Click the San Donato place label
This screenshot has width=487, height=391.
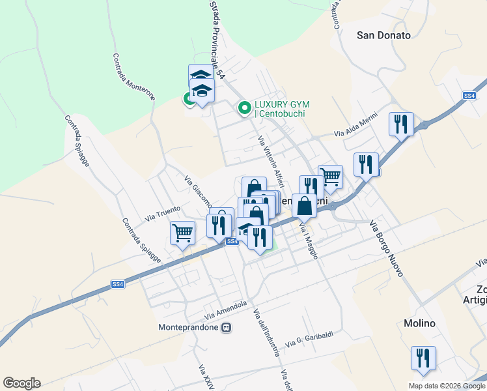pyautogui.click(x=384, y=35)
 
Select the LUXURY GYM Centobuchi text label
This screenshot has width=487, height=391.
pyautogui.click(x=281, y=109)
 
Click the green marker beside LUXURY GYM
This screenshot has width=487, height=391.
pyautogui.click(x=245, y=108)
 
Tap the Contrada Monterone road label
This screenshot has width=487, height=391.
pyautogui.click(x=135, y=76)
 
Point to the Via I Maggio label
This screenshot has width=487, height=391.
pyautogui.click(x=308, y=240)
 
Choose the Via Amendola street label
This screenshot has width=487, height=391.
pyautogui.click(x=225, y=306)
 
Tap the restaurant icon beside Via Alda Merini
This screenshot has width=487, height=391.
pyautogui.click(x=401, y=124)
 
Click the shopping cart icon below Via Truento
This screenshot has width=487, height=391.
pyautogui.click(x=182, y=232)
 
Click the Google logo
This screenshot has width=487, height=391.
pyautogui.click(x=21, y=383)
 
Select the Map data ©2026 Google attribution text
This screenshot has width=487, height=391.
pyautogui.click(x=447, y=385)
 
